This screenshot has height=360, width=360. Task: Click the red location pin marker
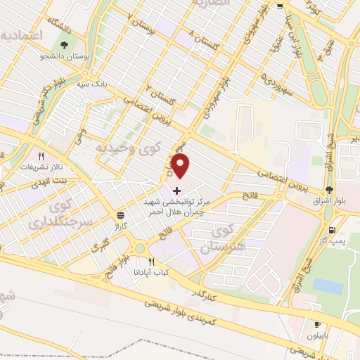(x=181, y=168)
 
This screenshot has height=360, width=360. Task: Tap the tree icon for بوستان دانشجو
(x=65, y=46)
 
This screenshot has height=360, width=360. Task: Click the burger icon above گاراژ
(x=122, y=215)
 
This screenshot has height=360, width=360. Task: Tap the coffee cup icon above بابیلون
(x=317, y=324)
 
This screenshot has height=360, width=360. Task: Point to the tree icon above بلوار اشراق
(x=329, y=191)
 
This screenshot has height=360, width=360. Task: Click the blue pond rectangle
(x=328, y=286)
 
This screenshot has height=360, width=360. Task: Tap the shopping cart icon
(x=280, y=6)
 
